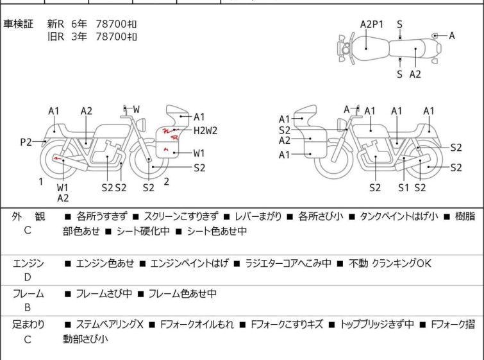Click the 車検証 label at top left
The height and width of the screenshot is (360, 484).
(x=18, y=24)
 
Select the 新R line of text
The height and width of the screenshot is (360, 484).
(x=92, y=24)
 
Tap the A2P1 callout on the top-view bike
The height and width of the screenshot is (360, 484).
(x=372, y=24)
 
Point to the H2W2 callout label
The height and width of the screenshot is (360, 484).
(x=205, y=130)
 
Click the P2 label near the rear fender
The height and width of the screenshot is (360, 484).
(x=26, y=142)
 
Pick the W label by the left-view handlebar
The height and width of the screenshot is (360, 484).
(x=136, y=109)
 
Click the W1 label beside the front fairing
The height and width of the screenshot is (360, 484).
(x=199, y=153)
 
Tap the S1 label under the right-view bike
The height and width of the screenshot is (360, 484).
(x=403, y=187)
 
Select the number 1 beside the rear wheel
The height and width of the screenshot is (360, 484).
(x=41, y=182)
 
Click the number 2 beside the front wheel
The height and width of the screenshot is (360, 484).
(x=167, y=182)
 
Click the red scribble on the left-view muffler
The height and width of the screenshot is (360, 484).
(x=58, y=159)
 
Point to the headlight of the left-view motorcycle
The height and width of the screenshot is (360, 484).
(x=142, y=125)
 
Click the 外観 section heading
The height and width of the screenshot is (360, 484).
(x=28, y=216)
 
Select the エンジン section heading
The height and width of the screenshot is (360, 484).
(x=28, y=263)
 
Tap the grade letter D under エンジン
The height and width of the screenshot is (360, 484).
(x=28, y=277)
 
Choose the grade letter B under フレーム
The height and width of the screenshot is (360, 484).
(x=28, y=307)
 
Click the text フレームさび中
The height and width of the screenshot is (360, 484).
(x=104, y=293)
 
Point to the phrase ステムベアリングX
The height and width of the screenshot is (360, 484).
(x=109, y=325)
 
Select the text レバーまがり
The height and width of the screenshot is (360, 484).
(x=258, y=216)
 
